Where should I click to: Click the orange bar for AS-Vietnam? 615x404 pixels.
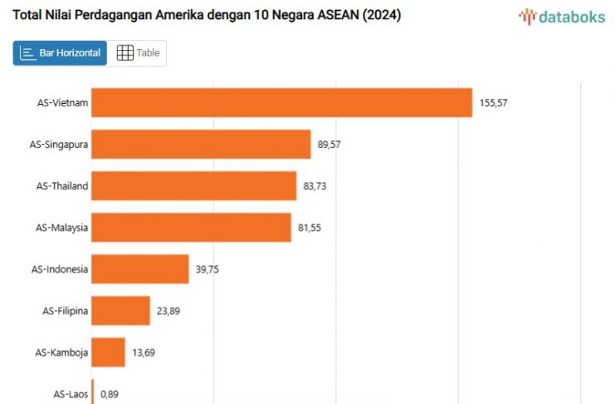coord(281,102)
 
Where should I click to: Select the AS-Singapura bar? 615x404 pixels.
coord(201,145)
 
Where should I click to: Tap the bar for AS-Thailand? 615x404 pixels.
coord(193,186)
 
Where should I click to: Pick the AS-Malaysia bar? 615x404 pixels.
coord(191,227)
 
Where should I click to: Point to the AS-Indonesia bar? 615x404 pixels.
coord(139,269)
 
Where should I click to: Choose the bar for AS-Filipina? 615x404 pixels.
coord(120,310)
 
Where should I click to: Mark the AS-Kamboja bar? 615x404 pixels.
coord(108,352)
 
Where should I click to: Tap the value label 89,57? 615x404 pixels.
coord(329,145)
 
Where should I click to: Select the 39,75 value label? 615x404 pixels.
coord(207,269)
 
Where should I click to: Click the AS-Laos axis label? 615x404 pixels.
coord(71,393)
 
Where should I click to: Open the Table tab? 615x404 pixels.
coord(139,53)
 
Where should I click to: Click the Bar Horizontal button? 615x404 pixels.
coord(60,53)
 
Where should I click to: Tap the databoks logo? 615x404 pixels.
coord(562,16)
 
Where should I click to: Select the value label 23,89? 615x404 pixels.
coord(168,311)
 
